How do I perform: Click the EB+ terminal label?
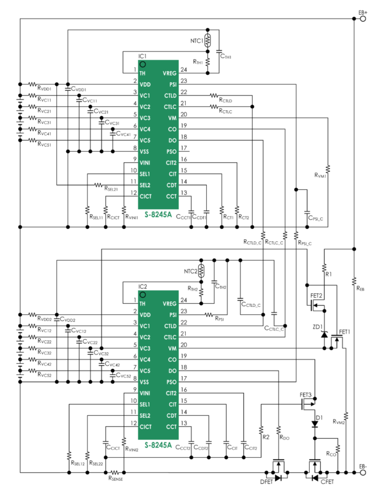pyautogui.click(x=363, y=12)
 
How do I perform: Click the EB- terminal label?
pyautogui.click(x=363, y=465)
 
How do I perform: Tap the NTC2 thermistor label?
pyautogui.click(x=190, y=271)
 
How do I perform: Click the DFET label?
pyautogui.click(x=267, y=480)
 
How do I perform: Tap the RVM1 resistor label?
pyautogui.click(x=320, y=176)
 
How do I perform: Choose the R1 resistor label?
pyautogui.click(x=329, y=273)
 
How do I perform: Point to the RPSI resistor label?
pyautogui.click(x=222, y=319)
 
